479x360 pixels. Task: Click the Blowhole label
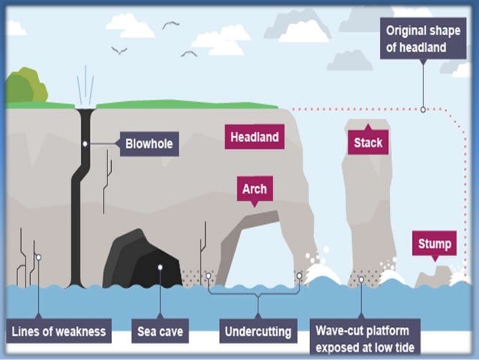click(x=149, y=143)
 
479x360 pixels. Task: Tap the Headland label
click(x=255, y=138)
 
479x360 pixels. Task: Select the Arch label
click(x=254, y=189)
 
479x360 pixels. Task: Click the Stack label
click(x=367, y=142)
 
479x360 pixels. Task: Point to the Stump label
click(x=435, y=244)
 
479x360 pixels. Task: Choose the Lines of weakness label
click(x=59, y=331)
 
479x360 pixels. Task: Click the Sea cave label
click(x=161, y=331)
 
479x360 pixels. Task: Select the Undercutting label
click(x=258, y=331)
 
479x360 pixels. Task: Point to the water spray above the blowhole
click(x=85, y=86)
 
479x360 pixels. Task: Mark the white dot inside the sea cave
click(x=160, y=266)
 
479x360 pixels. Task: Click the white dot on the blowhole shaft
click(x=86, y=143)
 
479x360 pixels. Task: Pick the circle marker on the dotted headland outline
click(x=423, y=109)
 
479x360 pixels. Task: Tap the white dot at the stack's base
click(x=361, y=279)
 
